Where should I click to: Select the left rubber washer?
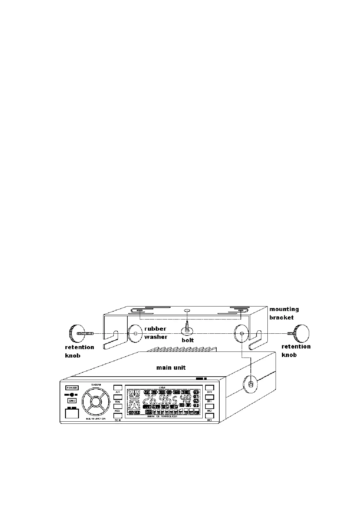click(x=135, y=333)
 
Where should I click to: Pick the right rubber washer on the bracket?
click(x=241, y=333)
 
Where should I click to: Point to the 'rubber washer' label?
click(x=155, y=332)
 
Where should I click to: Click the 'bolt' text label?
click(x=188, y=340)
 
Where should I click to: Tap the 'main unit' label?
click(x=171, y=368)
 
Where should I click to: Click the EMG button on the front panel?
click(x=72, y=400)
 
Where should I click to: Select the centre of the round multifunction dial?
click(x=94, y=402)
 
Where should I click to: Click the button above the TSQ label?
click(x=118, y=397)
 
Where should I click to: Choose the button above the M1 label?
click(x=209, y=397)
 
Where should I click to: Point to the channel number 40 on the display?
click(x=185, y=399)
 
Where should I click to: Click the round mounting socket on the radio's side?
click(x=250, y=384)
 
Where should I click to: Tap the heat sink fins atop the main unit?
click(x=182, y=349)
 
